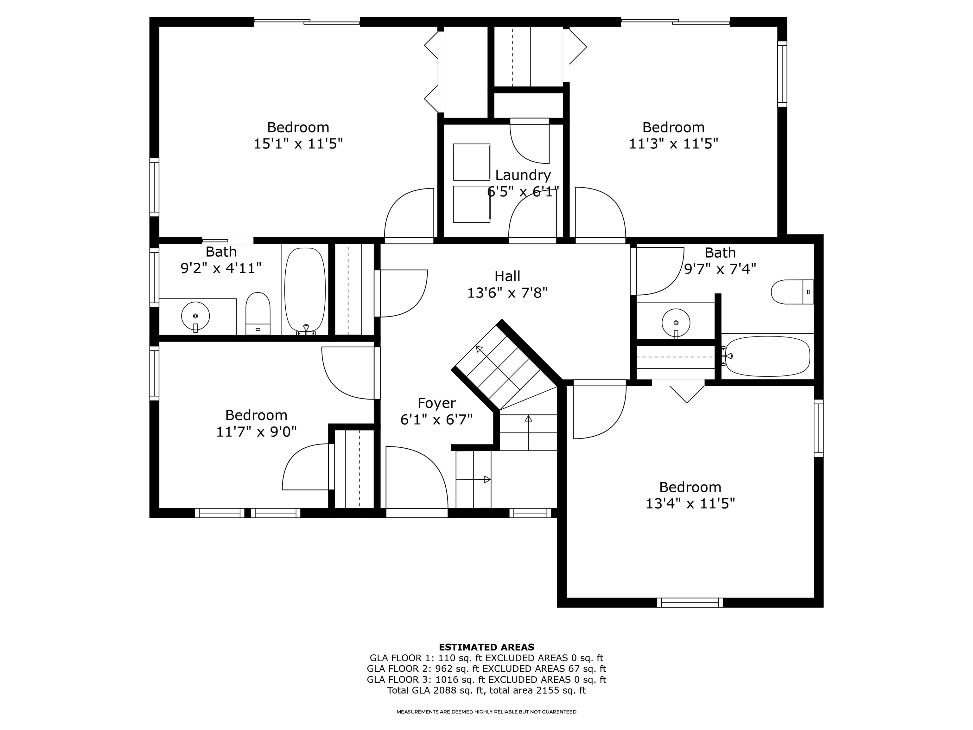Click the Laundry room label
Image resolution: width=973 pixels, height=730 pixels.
523,175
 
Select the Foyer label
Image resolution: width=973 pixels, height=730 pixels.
436,403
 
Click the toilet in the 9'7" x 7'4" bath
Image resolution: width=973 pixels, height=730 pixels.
792,292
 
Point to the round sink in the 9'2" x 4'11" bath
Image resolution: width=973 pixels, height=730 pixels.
195,316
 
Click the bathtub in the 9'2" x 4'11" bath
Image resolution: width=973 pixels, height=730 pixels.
305,291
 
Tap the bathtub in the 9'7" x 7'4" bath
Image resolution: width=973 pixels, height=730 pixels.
767,356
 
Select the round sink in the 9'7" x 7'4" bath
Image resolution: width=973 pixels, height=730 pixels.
676,323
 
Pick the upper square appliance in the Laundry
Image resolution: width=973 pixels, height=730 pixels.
472,162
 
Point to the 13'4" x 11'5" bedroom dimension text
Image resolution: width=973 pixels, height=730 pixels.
690,503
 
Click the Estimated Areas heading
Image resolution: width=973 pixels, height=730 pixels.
486,647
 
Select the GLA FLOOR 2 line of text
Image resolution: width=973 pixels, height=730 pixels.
486,669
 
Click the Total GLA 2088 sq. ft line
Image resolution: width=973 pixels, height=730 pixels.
486,690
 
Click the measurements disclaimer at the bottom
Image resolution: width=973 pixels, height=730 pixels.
486,712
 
